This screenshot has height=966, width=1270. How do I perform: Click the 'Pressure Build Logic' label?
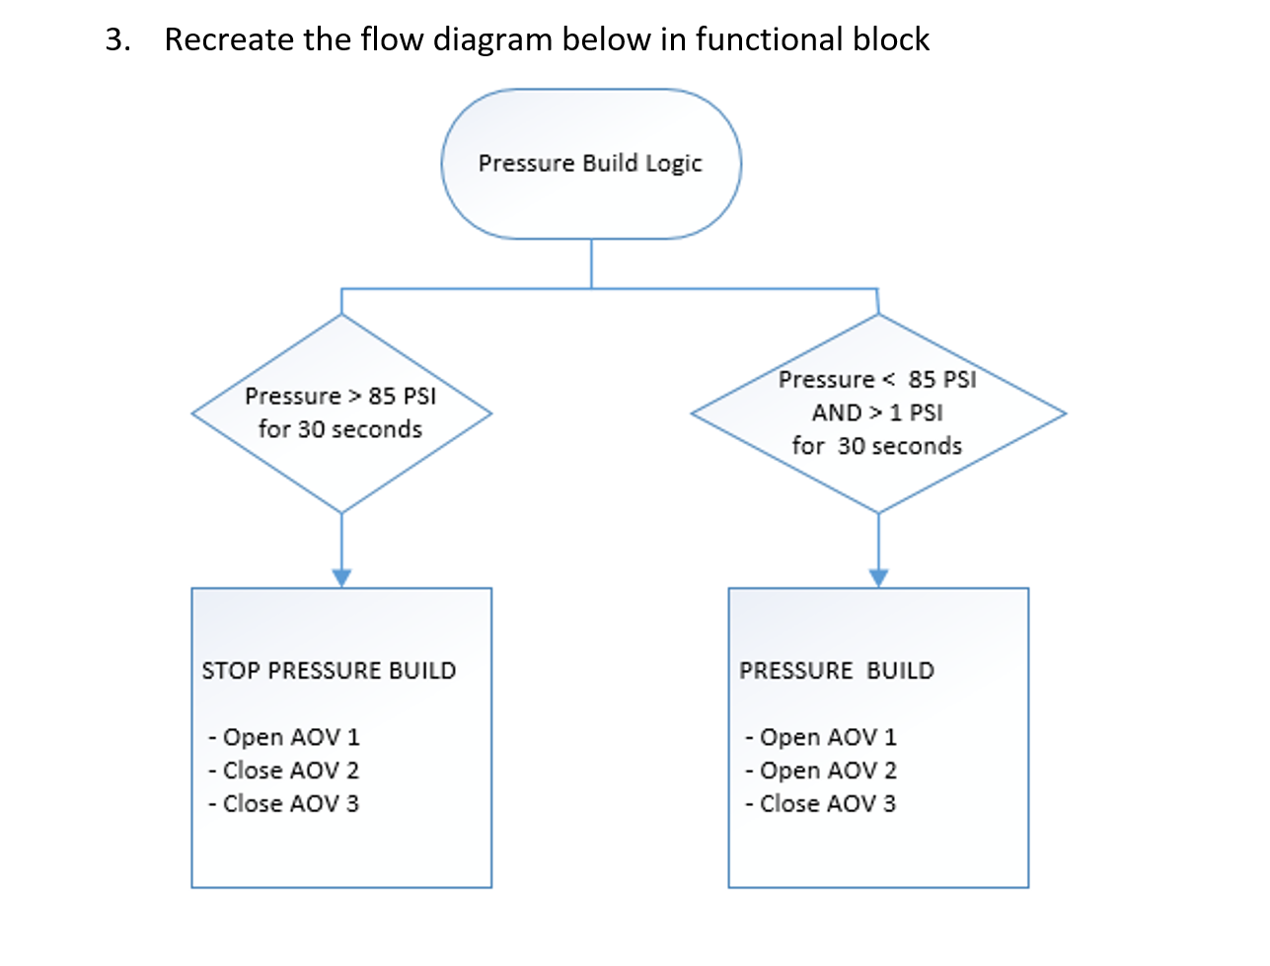click(x=590, y=163)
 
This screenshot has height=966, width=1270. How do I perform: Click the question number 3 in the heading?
click(x=116, y=39)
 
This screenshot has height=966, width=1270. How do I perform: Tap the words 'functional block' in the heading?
click(x=812, y=39)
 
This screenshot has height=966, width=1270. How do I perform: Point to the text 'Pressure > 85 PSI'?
click(x=340, y=396)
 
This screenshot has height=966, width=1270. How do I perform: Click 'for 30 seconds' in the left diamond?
click(x=340, y=429)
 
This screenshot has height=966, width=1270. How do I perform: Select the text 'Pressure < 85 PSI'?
click(x=877, y=380)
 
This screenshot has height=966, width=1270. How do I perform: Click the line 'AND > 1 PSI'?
click(x=877, y=412)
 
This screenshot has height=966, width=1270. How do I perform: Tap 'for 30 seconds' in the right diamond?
click(x=877, y=446)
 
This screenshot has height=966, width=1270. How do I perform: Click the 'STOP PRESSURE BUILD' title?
click(x=329, y=671)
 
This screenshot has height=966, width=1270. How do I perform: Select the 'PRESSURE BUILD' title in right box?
click(x=837, y=671)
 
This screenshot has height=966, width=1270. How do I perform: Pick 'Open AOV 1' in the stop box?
click(x=285, y=737)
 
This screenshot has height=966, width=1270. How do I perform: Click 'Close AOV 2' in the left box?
click(x=285, y=771)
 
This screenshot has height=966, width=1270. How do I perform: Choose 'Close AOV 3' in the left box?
click(x=285, y=804)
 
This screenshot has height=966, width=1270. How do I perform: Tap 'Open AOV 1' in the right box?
click(x=822, y=737)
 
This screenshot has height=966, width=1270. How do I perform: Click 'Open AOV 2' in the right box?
click(x=822, y=771)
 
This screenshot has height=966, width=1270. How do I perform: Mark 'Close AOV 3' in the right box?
click(x=822, y=804)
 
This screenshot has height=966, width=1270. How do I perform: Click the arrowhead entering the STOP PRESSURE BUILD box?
click(x=341, y=578)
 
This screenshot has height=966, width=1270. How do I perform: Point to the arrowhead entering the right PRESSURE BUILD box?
click(x=878, y=578)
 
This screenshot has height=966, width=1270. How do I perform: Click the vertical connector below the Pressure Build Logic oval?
click(x=591, y=263)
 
